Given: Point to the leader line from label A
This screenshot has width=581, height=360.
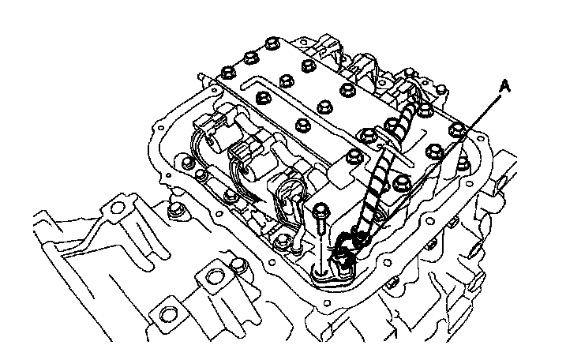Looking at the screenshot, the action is pyautogui.click(x=482, y=111).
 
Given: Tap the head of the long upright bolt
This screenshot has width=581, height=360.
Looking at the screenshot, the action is pyautogui.click(x=321, y=210).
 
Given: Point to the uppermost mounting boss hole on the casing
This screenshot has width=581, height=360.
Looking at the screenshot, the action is pyautogui.click(x=118, y=208).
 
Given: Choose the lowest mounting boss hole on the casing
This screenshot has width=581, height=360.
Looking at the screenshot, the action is pyautogui.click(x=168, y=315).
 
